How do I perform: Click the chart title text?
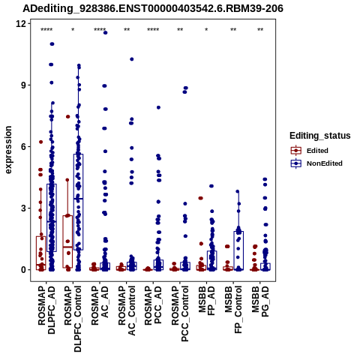pos(153,9)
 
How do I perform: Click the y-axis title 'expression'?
pos(8,150)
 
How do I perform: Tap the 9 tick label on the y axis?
pos(24,85)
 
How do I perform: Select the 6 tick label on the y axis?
pos(24,146)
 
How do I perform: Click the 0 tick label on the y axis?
pos(24,270)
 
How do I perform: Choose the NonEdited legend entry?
pos(316,163)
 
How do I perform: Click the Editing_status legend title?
pos(320,136)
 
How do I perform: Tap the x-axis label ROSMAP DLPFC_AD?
pos(46,310)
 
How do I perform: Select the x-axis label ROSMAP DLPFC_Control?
pos(73,319)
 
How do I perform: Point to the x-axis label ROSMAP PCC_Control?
pos(180,313)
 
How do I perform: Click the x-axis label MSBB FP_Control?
pos(233,310)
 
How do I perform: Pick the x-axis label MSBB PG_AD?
pos(260,301)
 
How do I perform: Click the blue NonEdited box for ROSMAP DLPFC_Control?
pos(78,202)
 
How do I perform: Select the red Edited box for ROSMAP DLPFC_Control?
pos(67,241)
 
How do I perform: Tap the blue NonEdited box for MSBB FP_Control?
pos(238,250)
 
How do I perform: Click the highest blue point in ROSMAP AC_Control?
pos(132,59)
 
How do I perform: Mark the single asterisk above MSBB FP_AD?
pos(206,30)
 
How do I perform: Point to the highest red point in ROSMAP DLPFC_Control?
pos(68,116)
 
